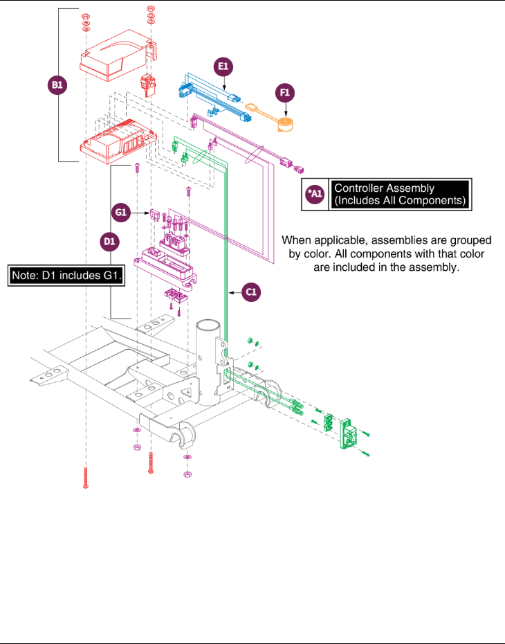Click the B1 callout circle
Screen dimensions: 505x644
pos(57,85)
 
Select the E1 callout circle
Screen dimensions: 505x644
pos(223,66)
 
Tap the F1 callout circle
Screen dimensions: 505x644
pos(285,93)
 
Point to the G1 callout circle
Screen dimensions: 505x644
pos(121,213)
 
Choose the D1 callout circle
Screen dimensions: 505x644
pos(109,241)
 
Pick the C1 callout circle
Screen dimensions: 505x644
pos(251,292)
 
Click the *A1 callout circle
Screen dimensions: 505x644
pos(315,195)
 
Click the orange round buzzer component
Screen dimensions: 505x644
pos(286,125)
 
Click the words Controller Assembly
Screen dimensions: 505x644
pos(384,188)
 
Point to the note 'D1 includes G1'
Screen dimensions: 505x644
pos(66,275)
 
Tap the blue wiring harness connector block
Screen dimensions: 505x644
pos(184,89)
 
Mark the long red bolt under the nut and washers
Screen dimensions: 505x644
pos(85,478)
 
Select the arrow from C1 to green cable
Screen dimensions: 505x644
pos(235,292)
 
